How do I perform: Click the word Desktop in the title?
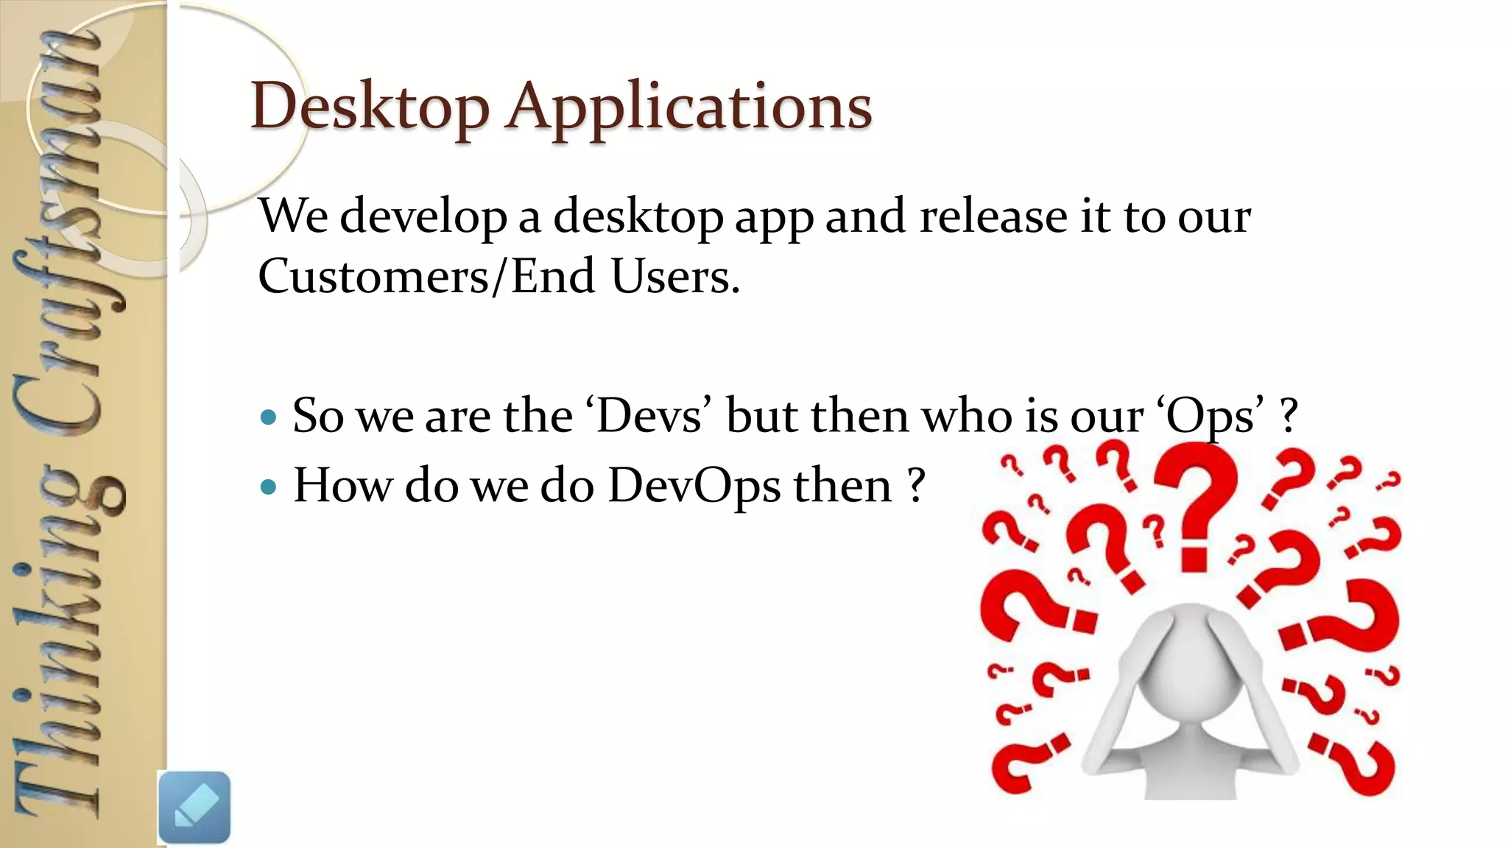(x=370, y=107)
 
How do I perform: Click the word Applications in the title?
(x=688, y=107)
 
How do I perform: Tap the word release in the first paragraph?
(x=992, y=216)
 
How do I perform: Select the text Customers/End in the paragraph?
(x=426, y=276)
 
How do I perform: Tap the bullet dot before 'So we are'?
(x=269, y=418)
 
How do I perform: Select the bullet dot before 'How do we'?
(x=269, y=487)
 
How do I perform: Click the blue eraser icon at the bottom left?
(x=194, y=807)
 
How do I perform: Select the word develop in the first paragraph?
(x=423, y=218)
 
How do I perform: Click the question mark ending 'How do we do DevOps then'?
(x=915, y=487)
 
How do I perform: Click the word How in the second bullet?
(x=342, y=487)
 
